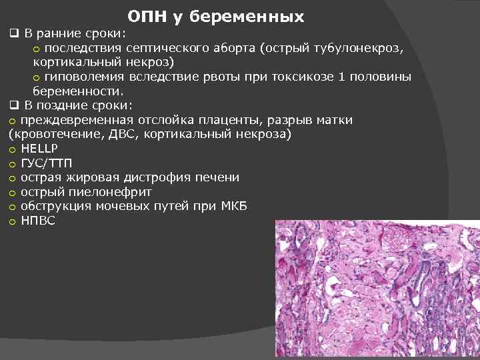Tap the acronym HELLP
[x=39, y=149]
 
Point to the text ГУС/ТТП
[x=47, y=163]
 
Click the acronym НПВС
[x=38, y=221]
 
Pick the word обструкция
[x=54, y=207]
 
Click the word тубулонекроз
[x=359, y=48]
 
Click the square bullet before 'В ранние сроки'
[x=13, y=33]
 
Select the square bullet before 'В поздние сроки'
[x=13, y=105]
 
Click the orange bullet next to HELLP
[x=12, y=149]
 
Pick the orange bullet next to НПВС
[x=12, y=222]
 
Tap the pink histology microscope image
[x=377, y=290]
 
